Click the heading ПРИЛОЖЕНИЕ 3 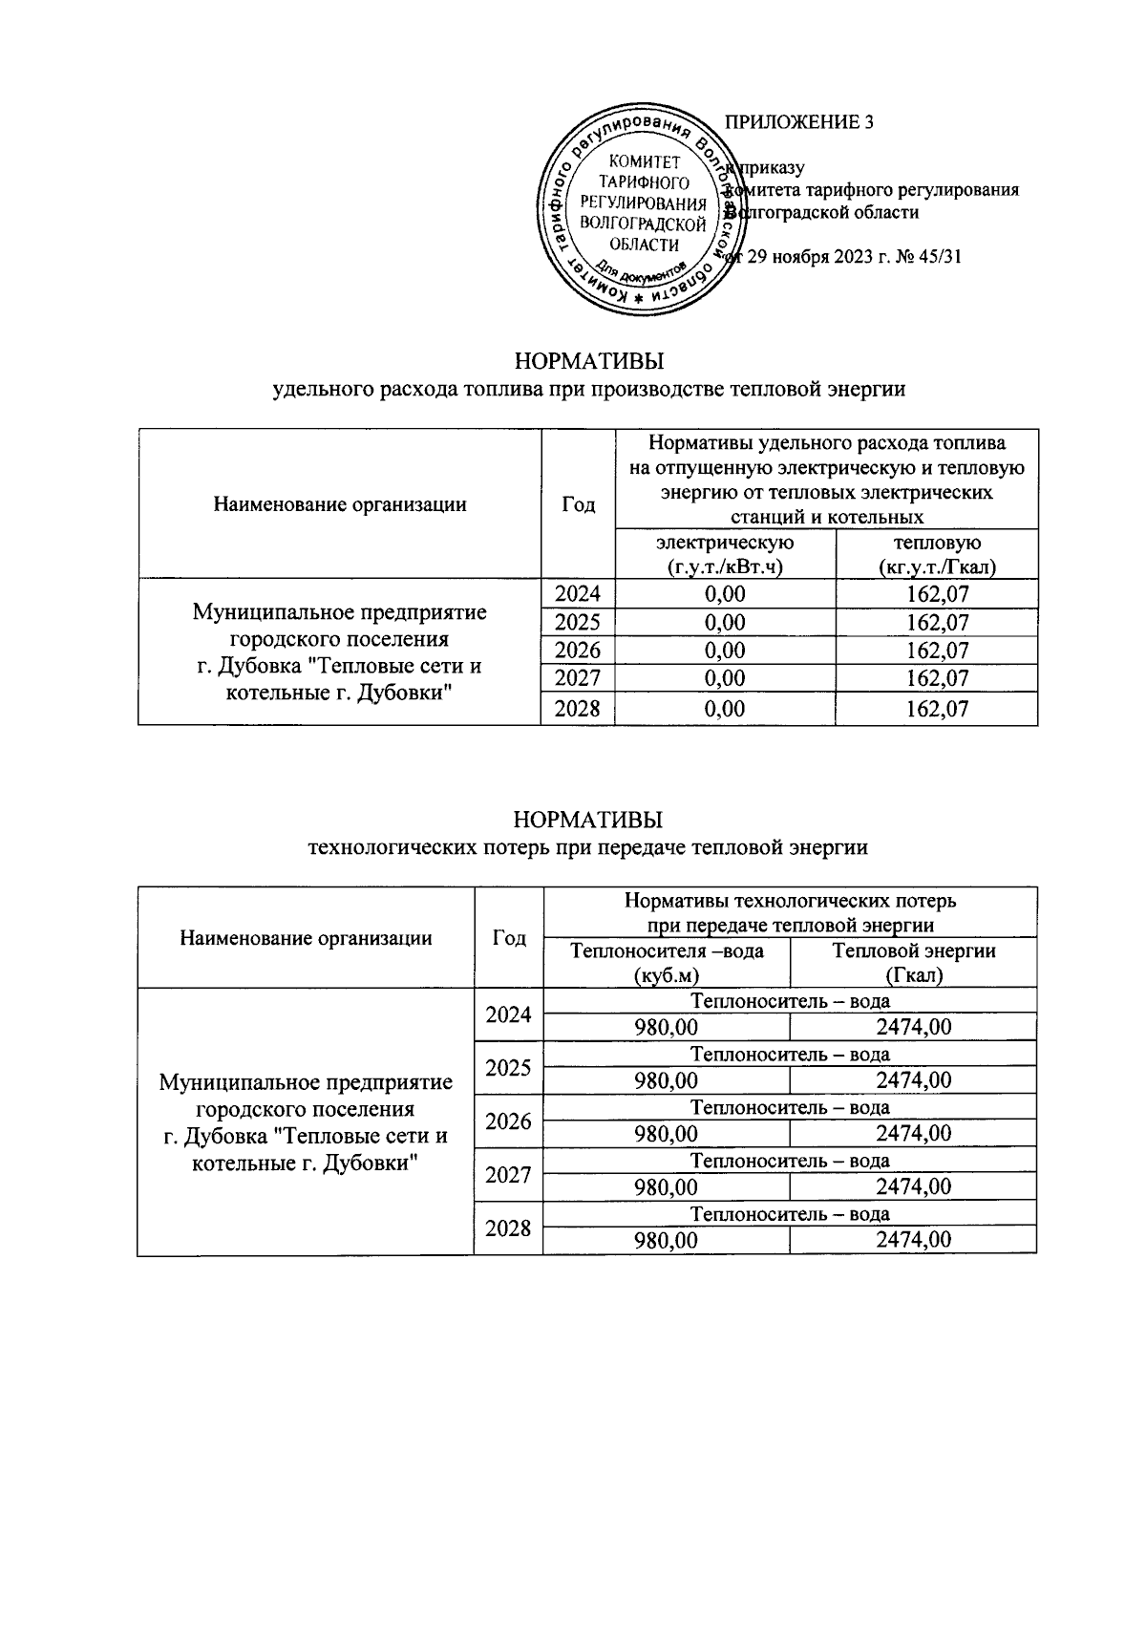[799, 122]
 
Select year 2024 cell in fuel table [578, 594]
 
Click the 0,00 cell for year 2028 [725, 709]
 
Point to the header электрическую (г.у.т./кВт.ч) [725, 555]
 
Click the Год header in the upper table [578, 504]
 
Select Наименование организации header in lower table [306, 938]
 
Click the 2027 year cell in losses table [508, 1175]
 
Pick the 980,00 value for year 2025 [667, 1080]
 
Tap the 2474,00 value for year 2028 [913, 1240]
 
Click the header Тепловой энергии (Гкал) [913, 963]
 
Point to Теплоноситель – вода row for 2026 [790, 1108]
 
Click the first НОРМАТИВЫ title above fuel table [588, 362]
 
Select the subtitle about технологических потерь [587, 847]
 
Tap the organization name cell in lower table [306, 1122]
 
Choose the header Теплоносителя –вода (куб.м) [667, 963]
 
